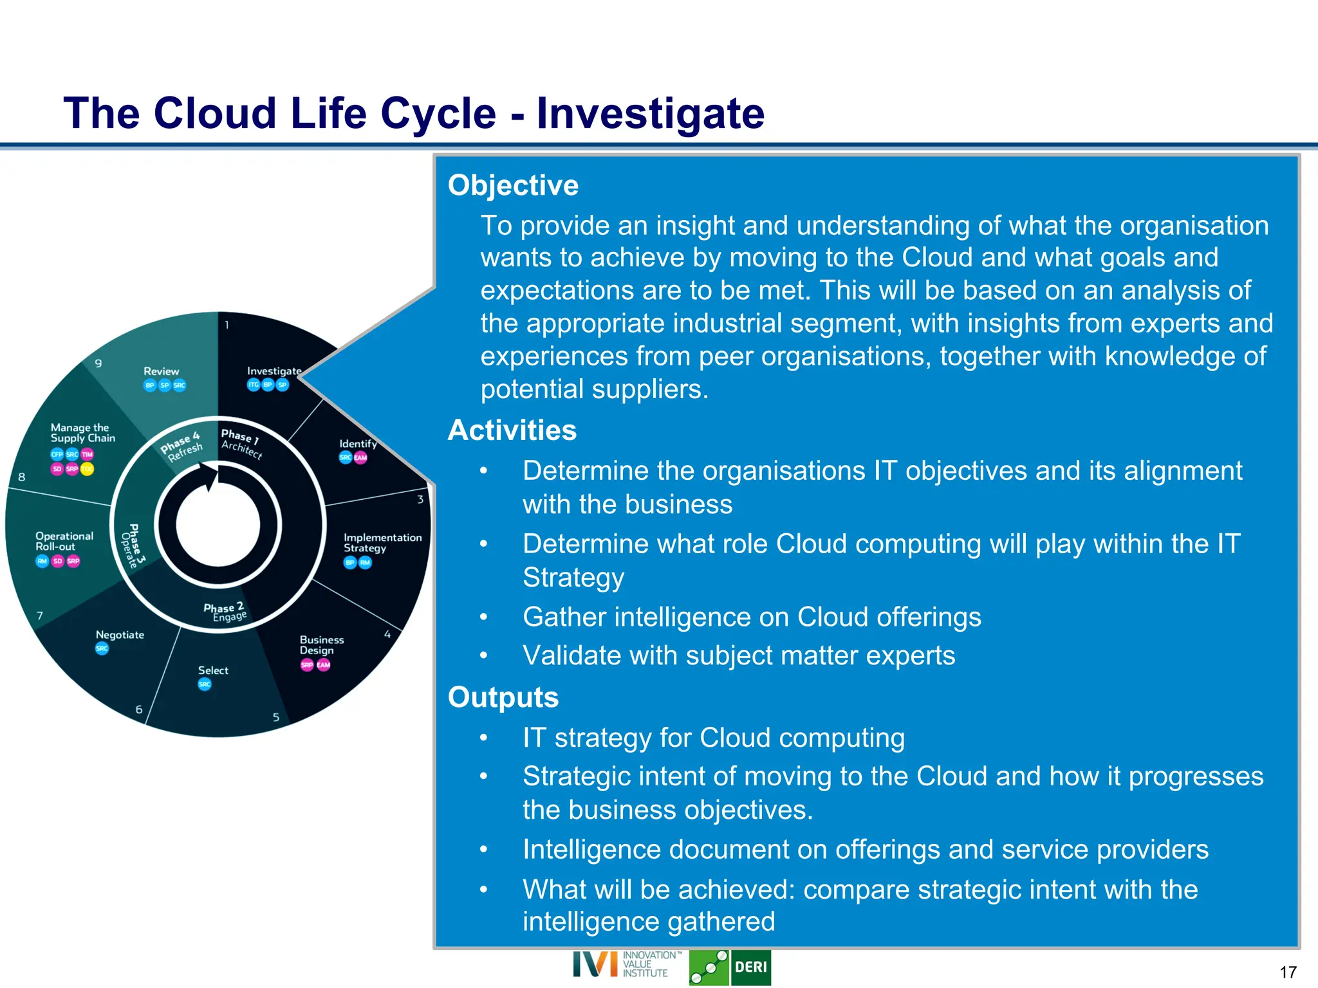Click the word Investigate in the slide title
[x=650, y=114]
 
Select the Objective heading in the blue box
[x=513, y=185]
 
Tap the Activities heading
[x=512, y=430]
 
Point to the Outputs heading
[x=503, y=697]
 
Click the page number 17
[x=1288, y=972]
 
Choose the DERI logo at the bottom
[x=750, y=967]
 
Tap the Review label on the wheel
[x=161, y=371]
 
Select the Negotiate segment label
[x=120, y=635]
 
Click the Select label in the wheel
[x=213, y=670]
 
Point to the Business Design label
[x=321, y=645]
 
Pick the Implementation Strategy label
[x=382, y=542]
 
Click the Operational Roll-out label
[x=64, y=541]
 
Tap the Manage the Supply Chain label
[x=82, y=433]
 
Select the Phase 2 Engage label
[x=225, y=612]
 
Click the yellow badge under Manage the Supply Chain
[x=87, y=469]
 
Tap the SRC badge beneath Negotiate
[x=102, y=648]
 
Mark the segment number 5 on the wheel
[x=275, y=717]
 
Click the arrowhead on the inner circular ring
[x=210, y=479]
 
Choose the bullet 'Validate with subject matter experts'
[x=738, y=656]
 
